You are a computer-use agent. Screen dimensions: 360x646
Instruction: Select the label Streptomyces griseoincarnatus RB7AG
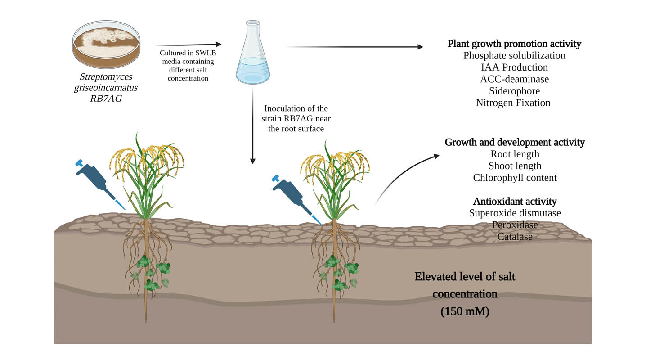tap(106, 88)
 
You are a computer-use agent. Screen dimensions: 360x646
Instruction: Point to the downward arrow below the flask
tap(253, 126)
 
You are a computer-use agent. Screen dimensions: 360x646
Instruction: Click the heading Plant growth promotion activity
tap(514, 44)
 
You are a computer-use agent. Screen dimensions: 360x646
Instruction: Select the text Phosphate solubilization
tap(514, 56)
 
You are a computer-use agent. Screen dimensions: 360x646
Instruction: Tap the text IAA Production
tap(514, 67)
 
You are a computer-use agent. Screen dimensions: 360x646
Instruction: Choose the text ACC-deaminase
tap(514, 79)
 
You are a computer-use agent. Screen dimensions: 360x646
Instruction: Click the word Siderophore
tap(514, 91)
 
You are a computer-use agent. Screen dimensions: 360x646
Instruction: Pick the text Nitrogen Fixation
tap(513, 103)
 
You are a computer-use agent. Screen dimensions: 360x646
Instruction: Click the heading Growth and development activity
tap(515, 143)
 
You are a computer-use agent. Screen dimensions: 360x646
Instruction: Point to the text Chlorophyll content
tap(515, 178)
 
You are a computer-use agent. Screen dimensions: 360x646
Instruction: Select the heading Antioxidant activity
tap(515, 201)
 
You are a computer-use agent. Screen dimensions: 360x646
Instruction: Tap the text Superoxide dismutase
tap(515, 213)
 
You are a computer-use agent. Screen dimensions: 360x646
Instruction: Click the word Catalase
tap(515, 237)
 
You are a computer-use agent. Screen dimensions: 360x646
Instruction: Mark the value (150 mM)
tap(465, 311)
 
